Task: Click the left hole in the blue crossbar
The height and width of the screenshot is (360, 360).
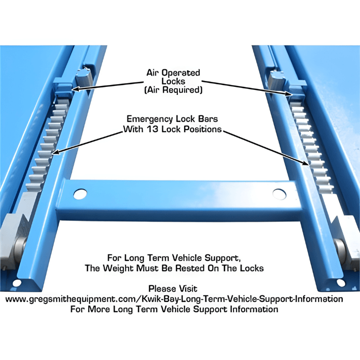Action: coord(80,194)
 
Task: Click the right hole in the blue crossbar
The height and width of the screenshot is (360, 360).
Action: coord(279,194)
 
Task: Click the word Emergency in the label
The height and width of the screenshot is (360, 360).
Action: coord(148,120)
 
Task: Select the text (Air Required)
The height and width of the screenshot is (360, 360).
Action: coord(174,90)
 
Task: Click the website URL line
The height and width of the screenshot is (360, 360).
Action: coord(174,299)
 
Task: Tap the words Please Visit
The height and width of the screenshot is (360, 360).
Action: coord(173,288)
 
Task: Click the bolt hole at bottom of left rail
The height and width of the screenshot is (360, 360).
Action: coord(17,283)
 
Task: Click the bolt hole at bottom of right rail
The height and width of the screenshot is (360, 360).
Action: coord(341,283)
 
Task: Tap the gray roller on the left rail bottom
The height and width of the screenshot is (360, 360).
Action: coord(20,247)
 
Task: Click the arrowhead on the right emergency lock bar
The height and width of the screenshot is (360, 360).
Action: coord(308,164)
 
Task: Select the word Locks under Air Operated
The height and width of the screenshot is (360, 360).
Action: coord(174,81)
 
